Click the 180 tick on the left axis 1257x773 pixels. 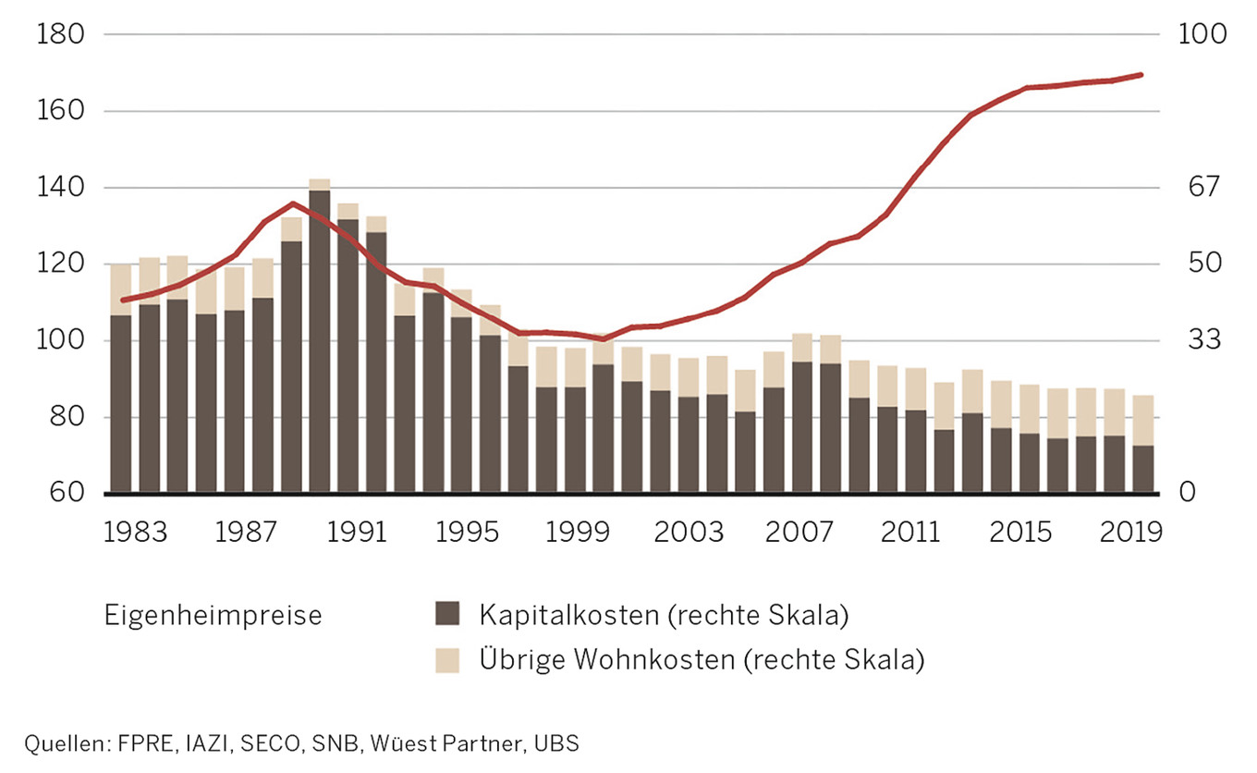click(60, 35)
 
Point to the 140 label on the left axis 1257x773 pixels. click(60, 188)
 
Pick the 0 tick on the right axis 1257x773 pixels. click(1188, 493)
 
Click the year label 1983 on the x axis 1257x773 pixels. click(137, 534)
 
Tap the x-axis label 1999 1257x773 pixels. click(575, 534)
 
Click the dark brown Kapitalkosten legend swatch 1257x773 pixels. click(447, 614)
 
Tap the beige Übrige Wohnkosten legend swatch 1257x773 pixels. click(447, 660)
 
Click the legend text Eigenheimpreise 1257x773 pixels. click(214, 615)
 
